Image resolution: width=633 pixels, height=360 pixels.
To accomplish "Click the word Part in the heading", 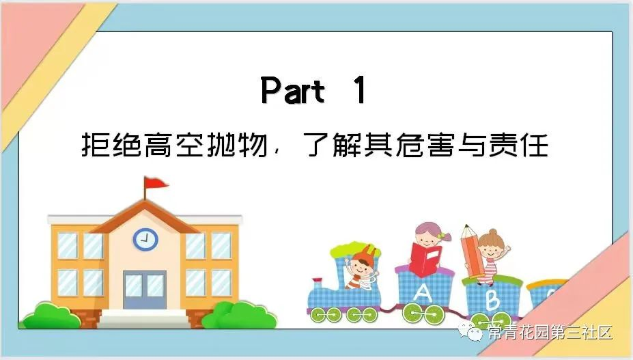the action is coord(293,90).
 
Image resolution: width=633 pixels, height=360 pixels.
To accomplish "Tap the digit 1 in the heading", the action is coord(359,90).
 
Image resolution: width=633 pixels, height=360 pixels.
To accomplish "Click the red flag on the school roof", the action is coord(156,183).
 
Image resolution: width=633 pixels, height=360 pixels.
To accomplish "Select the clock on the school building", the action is coord(145,239).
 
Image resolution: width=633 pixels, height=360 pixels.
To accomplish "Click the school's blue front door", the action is coord(145,290).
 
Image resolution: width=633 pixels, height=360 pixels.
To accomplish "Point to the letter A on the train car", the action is coord(423,292).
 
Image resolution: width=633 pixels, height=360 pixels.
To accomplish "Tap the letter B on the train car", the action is coord(492,300).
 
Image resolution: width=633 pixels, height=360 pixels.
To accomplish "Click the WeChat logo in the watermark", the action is coord(470,332).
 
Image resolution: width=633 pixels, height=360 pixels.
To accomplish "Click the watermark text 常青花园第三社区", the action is coord(550,333).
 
